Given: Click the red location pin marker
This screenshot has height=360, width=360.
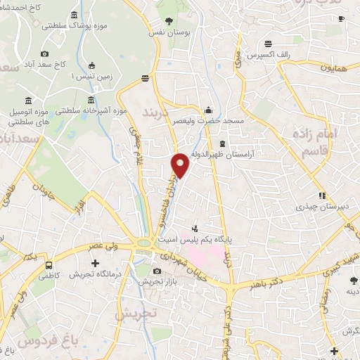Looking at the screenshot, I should [181, 165].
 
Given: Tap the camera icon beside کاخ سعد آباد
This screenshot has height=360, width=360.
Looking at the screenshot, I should [45, 54].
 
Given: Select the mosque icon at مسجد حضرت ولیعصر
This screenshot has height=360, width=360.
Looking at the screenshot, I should [208, 110].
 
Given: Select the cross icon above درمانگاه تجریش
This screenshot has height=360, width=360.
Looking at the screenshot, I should [95, 264].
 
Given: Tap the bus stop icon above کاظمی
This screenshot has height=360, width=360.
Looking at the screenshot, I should [49, 265].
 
